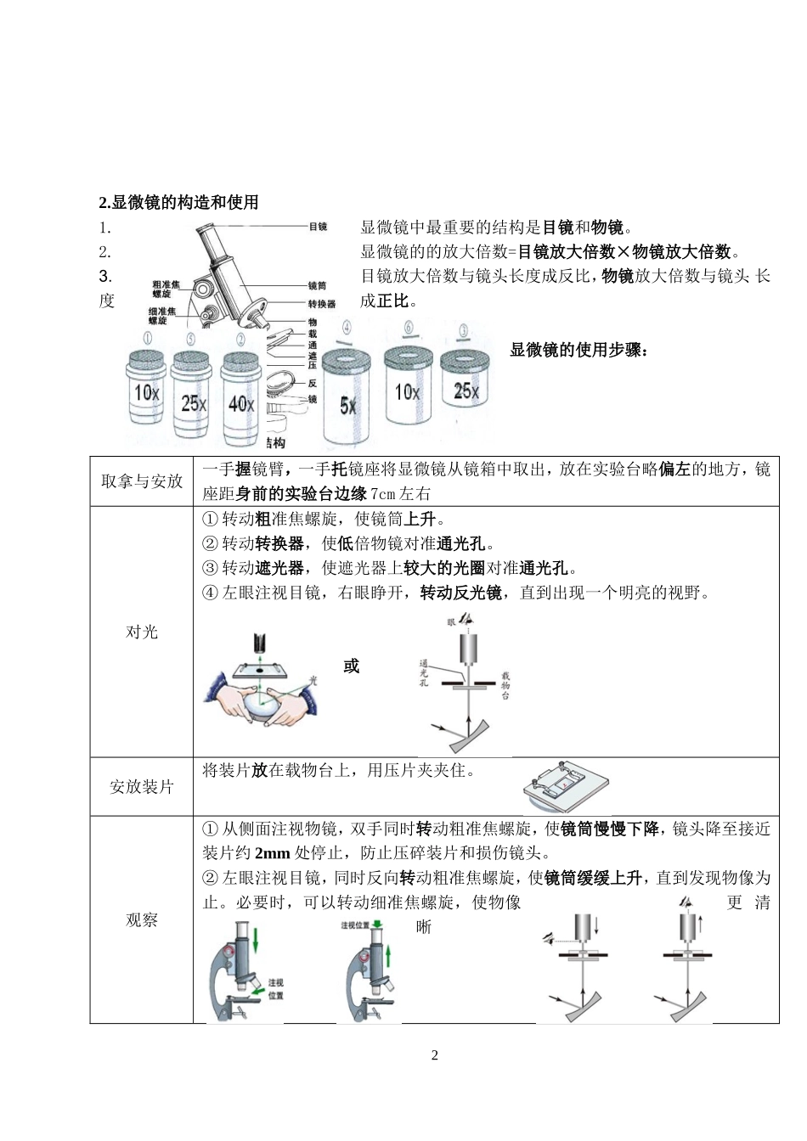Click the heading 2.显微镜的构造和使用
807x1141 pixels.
(x=178, y=202)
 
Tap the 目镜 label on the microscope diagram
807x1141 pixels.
(x=318, y=227)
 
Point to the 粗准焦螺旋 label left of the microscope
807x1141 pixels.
(x=166, y=289)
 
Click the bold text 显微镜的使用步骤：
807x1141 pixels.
(x=578, y=350)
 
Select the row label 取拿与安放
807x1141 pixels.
(x=142, y=481)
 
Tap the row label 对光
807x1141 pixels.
(x=142, y=632)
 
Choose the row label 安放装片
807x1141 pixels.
(x=142, y=787)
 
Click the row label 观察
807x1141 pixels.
(x=142, y=919)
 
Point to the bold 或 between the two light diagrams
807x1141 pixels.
(x=351, y=666)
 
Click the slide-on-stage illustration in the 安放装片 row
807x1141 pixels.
(x=566, y=787)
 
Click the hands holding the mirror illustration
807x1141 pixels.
(x=261, y=695)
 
